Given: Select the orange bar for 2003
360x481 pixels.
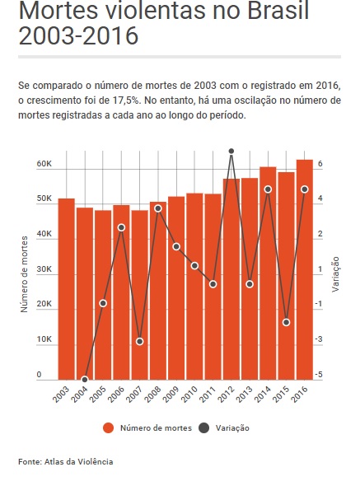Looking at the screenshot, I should click(x=67, y=288).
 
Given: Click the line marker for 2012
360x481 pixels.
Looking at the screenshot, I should click(x=231, y=152).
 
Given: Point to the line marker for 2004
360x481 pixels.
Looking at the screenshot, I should click(x=85, y=380).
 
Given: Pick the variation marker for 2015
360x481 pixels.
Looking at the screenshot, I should click(x=286, y=322).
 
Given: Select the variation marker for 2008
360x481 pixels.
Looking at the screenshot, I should click(x=158, y=208).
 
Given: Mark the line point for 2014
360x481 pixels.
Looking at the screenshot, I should click(x=268, y=189).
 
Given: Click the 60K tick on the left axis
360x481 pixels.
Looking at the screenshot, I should click(x=44, y=164).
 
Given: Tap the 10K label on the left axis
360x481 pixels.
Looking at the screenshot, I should click(x=44, y=340).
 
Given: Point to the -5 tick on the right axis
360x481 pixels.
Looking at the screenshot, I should click(x=319, y=376).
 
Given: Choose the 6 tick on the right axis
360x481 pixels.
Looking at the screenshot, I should click(x=320, y=164).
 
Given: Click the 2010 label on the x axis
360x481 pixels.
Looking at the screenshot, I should click(x=189, y=394).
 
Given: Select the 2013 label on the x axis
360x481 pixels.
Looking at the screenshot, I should click(x=245, y=394).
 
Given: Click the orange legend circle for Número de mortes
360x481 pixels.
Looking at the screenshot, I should click(x=108, y=427).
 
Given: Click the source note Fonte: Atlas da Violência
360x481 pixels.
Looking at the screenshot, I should click(x=66, y=461).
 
